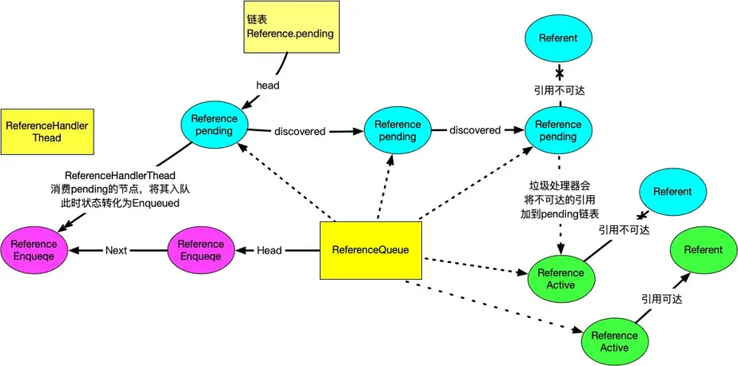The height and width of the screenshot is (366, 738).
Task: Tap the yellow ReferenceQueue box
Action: [371, 250]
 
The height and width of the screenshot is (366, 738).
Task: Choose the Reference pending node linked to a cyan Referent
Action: [557, 130]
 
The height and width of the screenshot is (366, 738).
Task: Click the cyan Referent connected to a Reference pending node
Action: [559, 38]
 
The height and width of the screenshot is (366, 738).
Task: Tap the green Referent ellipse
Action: [702, 250]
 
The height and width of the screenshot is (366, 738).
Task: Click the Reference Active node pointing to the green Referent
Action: [614, 341]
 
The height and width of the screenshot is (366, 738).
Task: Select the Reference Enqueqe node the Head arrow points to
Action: [201, 250]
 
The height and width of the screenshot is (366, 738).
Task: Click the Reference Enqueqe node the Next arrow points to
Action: [34, 250]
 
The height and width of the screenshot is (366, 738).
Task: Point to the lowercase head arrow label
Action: [268, 86]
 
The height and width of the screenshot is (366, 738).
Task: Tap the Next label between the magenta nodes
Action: [117, 250]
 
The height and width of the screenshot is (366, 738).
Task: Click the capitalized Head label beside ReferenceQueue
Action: [269, 250]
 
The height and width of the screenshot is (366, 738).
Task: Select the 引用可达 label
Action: [661, 298]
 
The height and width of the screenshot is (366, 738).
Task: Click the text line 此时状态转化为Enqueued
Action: [120, 203]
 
